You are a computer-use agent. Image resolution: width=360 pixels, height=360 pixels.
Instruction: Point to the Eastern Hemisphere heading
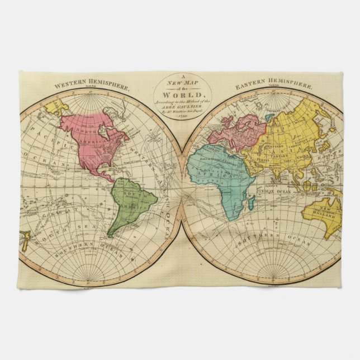point(274,86)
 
